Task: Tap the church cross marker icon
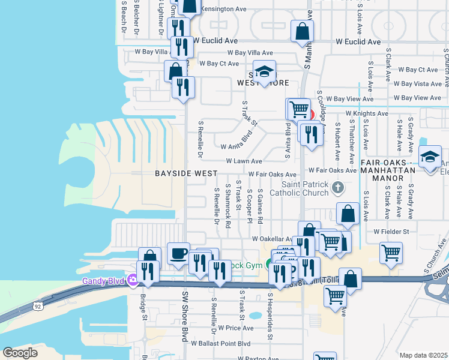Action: (338, 188)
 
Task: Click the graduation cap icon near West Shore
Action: (264, 72)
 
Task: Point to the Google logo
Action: (20, 353)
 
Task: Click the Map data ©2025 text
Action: (423, 355)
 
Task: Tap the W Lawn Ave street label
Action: (244, 161)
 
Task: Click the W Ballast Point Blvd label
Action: (220, 343)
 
